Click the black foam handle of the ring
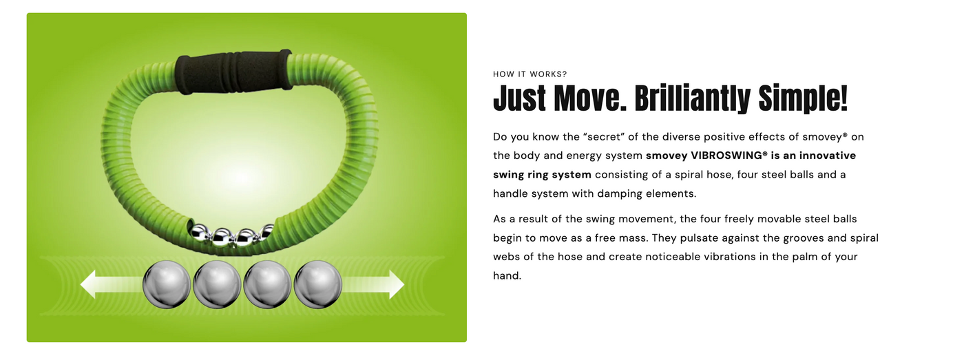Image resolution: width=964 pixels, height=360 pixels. (233, 72)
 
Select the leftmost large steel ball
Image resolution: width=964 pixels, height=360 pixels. (167, 284)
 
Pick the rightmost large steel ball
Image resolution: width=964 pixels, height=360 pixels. (318, 284)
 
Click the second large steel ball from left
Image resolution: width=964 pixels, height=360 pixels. (217, 284)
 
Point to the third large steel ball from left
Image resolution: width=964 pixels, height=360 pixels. (267, 284)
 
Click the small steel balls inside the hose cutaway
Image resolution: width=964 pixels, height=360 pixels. (231, 236)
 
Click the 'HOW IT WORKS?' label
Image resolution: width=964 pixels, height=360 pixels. (530, 74)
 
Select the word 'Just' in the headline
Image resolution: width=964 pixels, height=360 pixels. (520, 98)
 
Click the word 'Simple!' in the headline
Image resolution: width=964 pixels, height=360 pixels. (803, 98)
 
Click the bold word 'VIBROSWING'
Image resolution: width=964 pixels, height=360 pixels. (729, 156)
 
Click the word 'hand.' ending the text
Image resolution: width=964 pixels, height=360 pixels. (507, 275)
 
